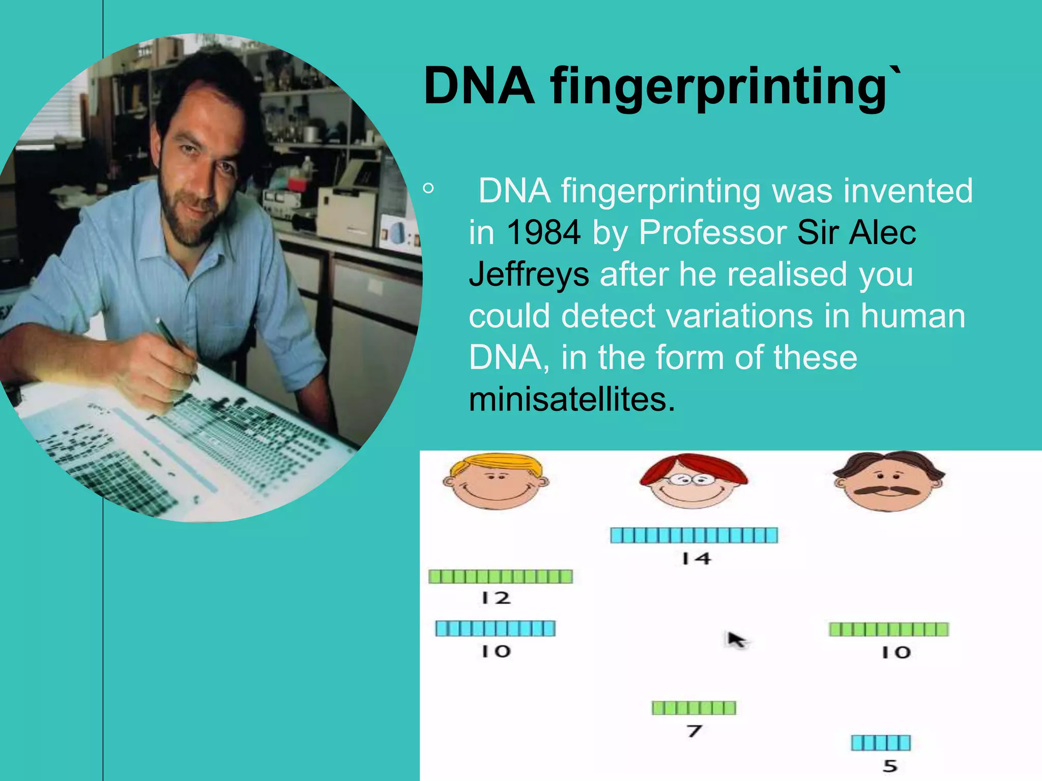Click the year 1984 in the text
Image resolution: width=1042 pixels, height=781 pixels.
coord(544,232)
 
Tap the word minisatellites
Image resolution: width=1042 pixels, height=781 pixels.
coord(572,400)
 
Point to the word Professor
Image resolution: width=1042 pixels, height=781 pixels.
coord(713,232)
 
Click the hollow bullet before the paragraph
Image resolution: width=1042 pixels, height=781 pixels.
coord(428,189)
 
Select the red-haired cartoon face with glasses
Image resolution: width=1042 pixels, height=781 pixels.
coord(693,481)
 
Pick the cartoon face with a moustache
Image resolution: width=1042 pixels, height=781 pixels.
coord(888,481)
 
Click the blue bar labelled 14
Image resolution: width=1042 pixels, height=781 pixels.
coord(694,535)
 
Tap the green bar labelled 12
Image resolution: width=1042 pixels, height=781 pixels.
coord(501,577)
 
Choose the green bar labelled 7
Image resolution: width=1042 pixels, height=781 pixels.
coord(694,708)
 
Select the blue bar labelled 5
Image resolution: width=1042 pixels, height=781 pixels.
coord(881,743)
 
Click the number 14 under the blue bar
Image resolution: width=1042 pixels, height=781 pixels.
coord(696,559)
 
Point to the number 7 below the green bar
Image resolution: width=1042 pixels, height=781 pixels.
coord(694,731)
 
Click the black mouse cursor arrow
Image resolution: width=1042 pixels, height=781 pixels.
coord(735,639)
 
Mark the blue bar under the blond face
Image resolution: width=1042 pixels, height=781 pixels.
coord(495,628)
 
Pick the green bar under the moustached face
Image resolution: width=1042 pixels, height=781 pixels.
coord(888,629)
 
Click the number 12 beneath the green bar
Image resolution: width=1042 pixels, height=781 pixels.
coord(496,598)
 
